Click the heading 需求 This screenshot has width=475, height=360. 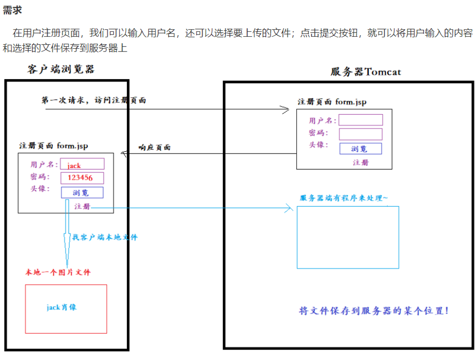pos(12,10)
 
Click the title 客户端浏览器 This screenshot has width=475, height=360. pos(61,69)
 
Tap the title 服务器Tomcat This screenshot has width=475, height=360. pos(366,72)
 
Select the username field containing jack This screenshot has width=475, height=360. pos(82,164)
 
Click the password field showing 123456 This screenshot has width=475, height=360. pos(82,178)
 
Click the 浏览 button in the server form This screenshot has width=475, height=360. pos(360,149)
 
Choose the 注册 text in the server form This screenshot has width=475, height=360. pos(360,163)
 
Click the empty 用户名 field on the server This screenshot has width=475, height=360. pos(361,120)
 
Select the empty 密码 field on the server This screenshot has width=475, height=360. pos(361,134)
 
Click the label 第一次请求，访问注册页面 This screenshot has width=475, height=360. pos(94,100)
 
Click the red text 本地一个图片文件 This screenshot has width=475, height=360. pos(58,272)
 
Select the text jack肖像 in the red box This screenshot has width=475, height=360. pos(62,307)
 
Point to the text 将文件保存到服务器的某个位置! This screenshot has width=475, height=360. pos(373,311)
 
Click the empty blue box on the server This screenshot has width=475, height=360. pos(347,237)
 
